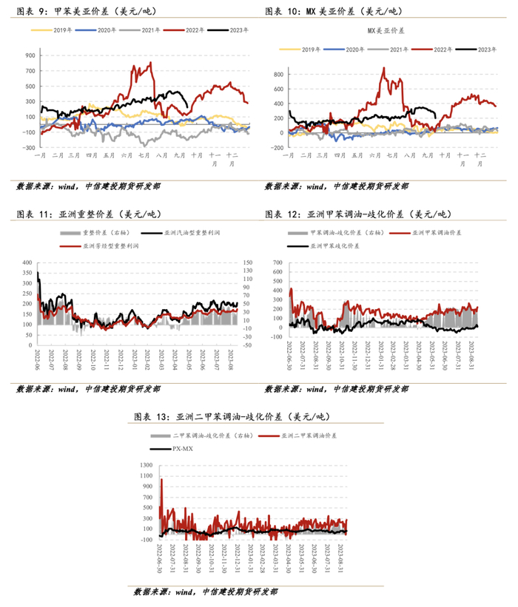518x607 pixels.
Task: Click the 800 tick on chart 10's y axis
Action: point(279,75)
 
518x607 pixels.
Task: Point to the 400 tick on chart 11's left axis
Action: point(27,262)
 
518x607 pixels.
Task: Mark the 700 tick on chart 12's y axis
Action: point(277,262)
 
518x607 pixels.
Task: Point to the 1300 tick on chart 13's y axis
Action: point(146,465)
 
